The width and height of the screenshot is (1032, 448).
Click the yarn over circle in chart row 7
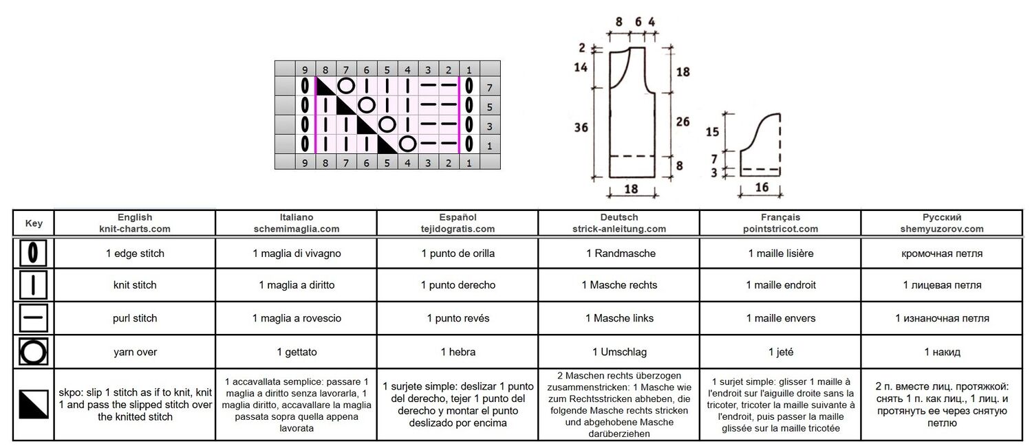coord(346,86)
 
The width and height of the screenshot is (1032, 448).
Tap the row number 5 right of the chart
coord(490,107)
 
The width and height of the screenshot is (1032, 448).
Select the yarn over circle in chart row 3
coord(387,124)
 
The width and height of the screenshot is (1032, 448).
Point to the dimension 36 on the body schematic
coord(581,127)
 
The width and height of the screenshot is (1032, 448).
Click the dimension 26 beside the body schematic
coord(682,122)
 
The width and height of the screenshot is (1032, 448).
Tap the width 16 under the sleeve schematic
coord(762,187)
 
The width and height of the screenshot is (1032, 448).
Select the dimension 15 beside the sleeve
coord(712,132)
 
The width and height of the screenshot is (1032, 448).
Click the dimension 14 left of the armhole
coord(581,67)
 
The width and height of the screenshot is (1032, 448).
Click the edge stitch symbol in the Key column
coord(33,253)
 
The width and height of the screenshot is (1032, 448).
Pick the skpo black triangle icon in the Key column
coord(33,404)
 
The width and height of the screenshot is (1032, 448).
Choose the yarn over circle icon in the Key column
coord(33,352)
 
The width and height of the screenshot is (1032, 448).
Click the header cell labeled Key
coord(34,223)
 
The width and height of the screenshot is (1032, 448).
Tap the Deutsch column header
coord(619,223)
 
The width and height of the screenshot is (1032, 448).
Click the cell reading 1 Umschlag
coord(619,352)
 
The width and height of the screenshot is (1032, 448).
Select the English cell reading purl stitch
coord(135,318)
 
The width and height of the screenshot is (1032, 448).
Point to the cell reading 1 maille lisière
coord(780,254)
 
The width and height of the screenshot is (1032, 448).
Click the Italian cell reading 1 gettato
coord(297,352)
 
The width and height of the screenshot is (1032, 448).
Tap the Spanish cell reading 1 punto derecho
coord(458,285)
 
